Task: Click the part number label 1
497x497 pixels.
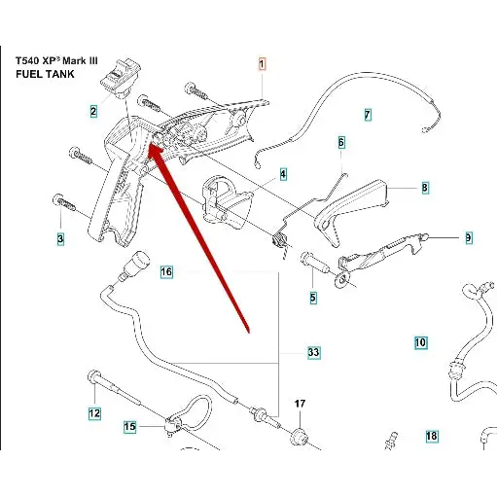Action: pos(262,64)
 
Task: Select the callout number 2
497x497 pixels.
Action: pos(93,112)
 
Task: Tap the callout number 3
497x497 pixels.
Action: pos(60,239)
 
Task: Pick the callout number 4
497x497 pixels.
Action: pos(283,174)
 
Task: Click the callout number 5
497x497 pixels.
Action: pos(313,298)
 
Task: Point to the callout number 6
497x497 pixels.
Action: pos(341,142)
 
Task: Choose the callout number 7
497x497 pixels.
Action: pos(368,115)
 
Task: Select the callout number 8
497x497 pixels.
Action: pos(425,188)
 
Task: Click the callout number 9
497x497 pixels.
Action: pos(469,238)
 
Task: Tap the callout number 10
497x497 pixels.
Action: pos(420,342)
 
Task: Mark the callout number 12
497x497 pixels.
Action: pos(94,413)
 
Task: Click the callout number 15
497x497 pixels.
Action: pos(129,427)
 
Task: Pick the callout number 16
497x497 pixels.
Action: pos(166,271)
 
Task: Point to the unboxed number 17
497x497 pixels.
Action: pos(300,404)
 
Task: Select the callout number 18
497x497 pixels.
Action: pos(432,436)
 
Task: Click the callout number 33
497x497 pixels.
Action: pos(313,352)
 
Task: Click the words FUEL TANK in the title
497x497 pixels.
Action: pos(45,74)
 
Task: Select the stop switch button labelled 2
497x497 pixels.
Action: pos(121,78)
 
